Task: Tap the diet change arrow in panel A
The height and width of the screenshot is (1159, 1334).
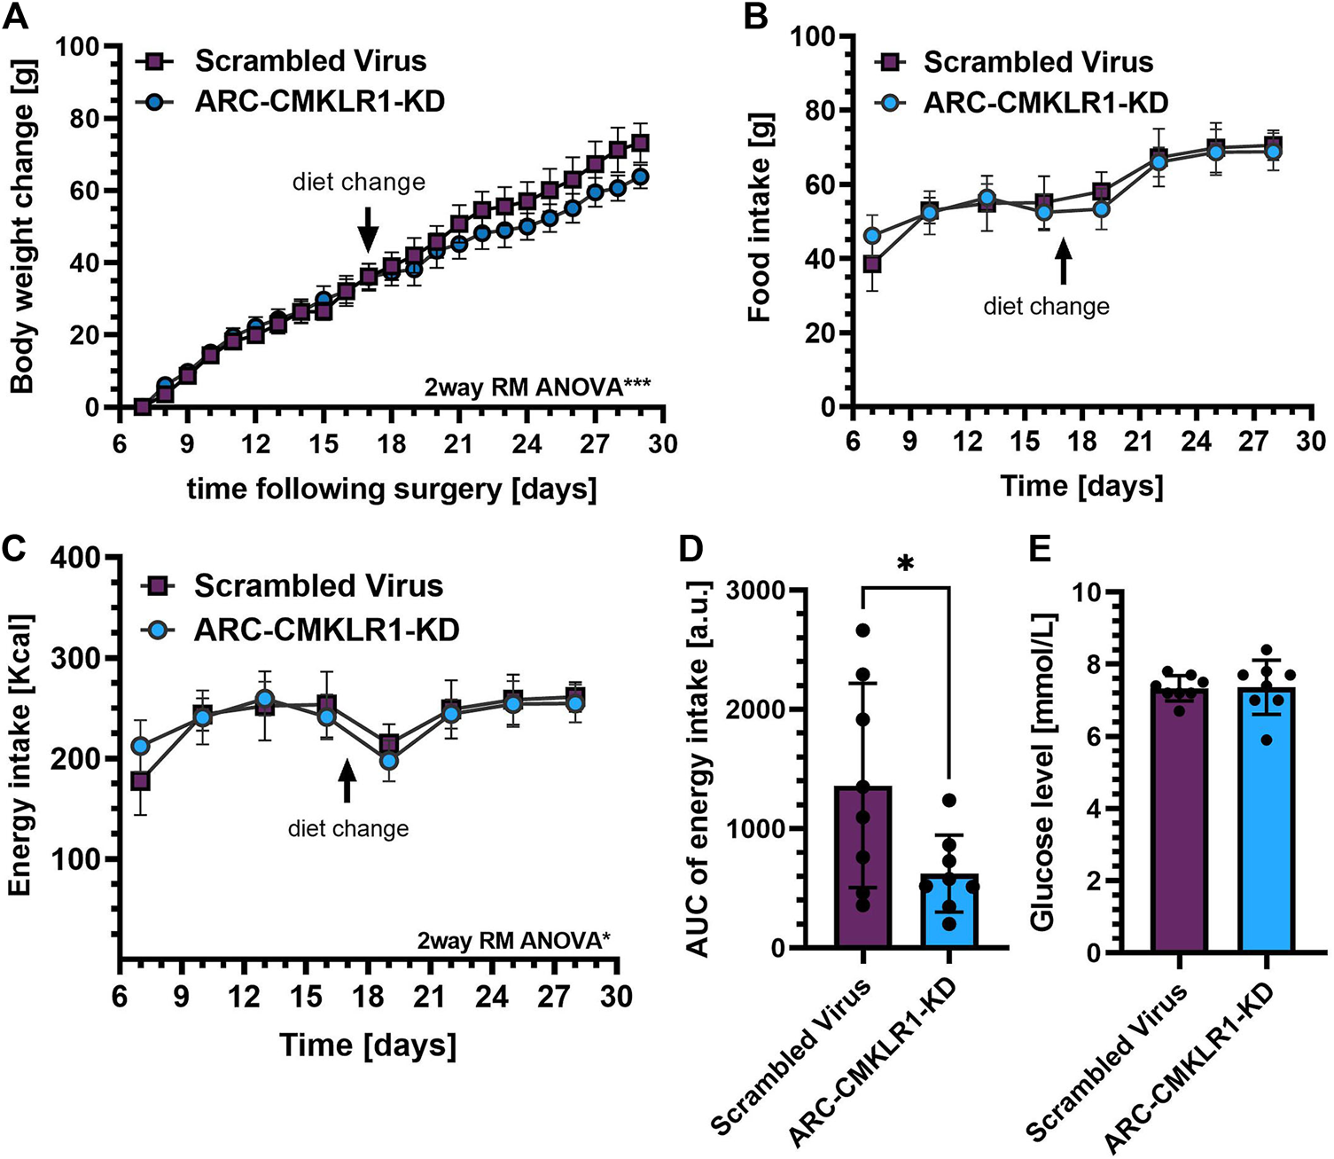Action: [368, 233]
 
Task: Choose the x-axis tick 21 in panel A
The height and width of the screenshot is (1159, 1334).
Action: [458, 442]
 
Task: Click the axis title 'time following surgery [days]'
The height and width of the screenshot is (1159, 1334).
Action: [391, 489]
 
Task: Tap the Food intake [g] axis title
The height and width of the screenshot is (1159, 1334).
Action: [760, 217]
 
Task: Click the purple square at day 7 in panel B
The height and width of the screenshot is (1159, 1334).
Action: [872, 264]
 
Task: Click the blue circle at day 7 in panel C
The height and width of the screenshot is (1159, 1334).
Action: [140, 746]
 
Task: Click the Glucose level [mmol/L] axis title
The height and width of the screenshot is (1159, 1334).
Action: [1043, 771]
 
